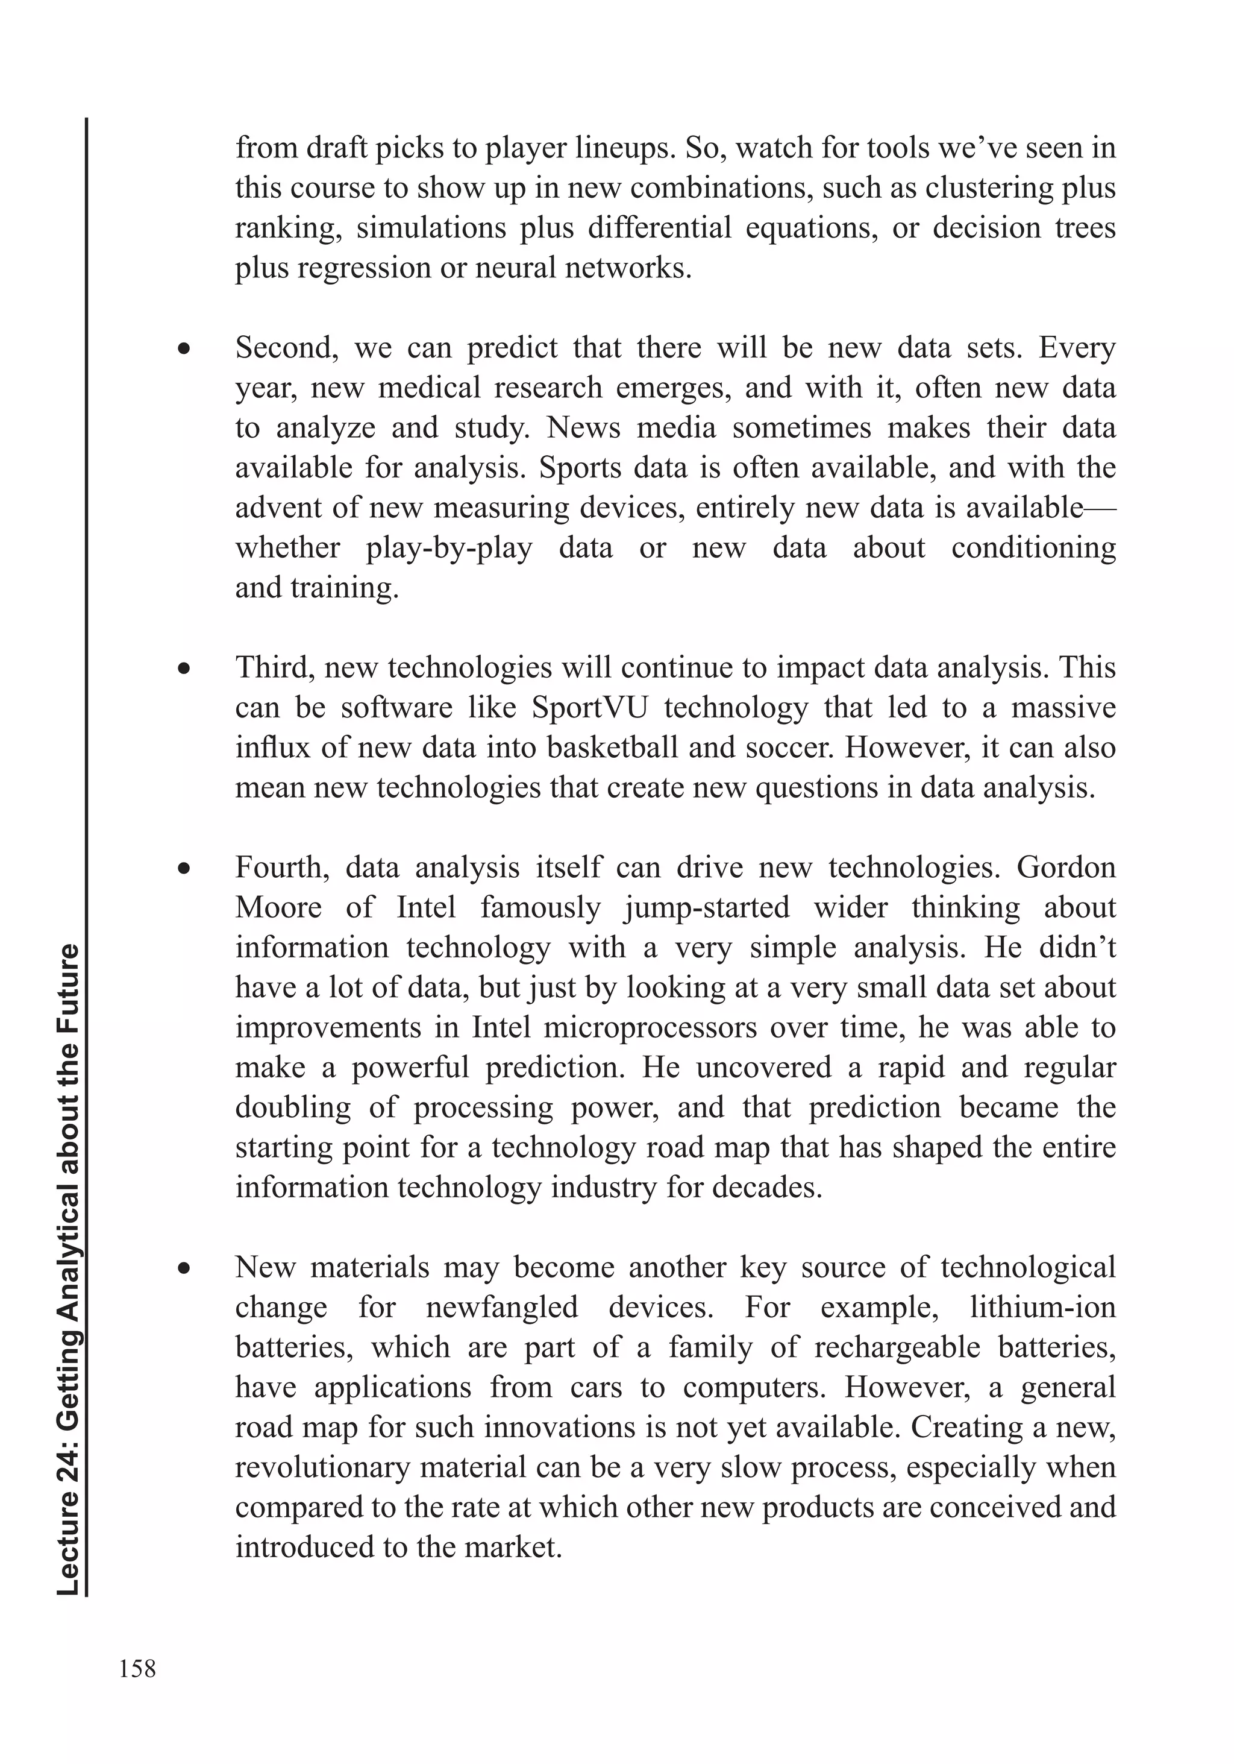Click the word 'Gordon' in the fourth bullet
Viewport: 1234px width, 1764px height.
[1066, 868]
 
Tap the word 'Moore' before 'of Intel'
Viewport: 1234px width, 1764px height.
[278, 907]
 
